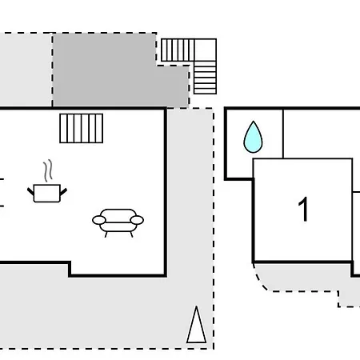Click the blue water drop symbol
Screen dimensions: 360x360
pyautogui.click(x=253, y=138)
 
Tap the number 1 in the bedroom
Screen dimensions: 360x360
pyautogui.click(x=303, y=209)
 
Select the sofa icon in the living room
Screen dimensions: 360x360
pyautogui.click(x=118, y=223)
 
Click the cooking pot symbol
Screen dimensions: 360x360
pyautogui.click(x=47, y=193)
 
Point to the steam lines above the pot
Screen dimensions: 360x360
pyautogui.click(x=48, y=170)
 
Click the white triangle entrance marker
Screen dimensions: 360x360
pyautogui.click(x=197, y=325)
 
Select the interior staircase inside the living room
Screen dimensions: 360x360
pyautogui.click(x=82, y=128)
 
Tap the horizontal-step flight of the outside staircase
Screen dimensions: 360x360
pyautogui.click(x=205, y=78)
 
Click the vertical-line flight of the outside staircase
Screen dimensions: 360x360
pyautogui.click(x=178, y=50)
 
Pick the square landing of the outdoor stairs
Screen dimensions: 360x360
pyautogui.click(x=206, y=50)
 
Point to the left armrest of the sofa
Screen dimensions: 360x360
pyautogui.click(x=99, y=220)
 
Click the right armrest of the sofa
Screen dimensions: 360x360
pyautogui.click(x=137, y=220)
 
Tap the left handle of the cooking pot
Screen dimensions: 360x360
pyautogui.click(x=30, y=191)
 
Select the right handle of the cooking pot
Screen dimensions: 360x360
pyautogui.click(x=64, y=192)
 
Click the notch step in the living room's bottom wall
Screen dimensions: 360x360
pyautogui.click(x=70, y=269)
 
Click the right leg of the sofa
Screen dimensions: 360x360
pyautogui.click(x=131, y=234)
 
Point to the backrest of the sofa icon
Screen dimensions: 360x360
pyautogui.click(x=118, y=215)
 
